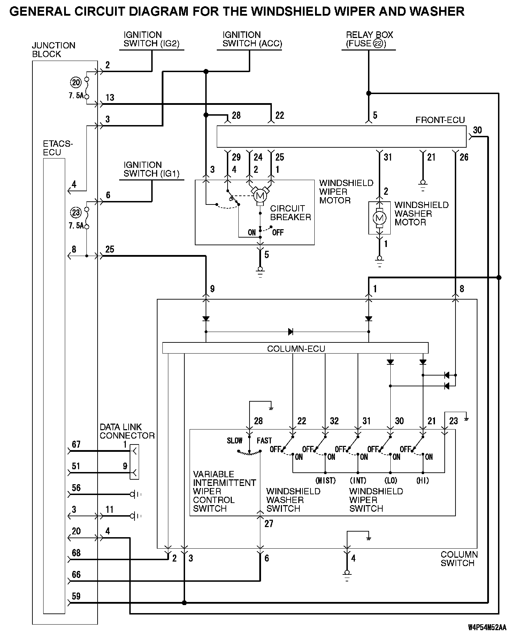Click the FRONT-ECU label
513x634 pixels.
point(440,120)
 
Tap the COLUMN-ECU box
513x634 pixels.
point(295,348)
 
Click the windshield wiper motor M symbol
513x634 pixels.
point(260,195)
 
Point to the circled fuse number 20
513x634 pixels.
point(76,83)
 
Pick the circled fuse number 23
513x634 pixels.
point(76,212)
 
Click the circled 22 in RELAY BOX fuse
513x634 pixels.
point(377,44)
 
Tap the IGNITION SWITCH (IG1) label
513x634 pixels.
point(152,169)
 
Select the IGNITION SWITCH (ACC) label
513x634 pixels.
point(252,39)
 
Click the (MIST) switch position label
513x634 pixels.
point(325,481)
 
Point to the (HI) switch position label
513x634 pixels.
point(422,481)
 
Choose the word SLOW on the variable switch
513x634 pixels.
point(235,441)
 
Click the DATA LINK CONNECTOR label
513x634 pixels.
point(127,431)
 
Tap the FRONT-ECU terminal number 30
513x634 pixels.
point(477,130)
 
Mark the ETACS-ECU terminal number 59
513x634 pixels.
point(76,596)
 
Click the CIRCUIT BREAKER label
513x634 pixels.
point(290,213)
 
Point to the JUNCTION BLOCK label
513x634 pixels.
point(54,50)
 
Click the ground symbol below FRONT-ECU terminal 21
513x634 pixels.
point(423,186)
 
